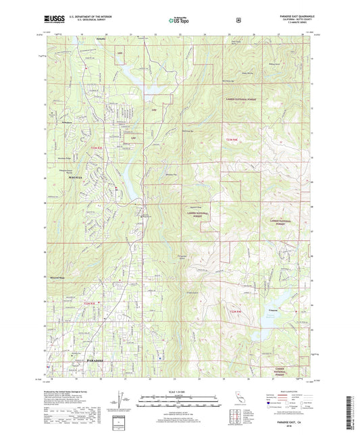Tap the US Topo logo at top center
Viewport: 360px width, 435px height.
click(x=180, y=20)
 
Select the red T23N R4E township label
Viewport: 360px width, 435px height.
click(x=232, y=140)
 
